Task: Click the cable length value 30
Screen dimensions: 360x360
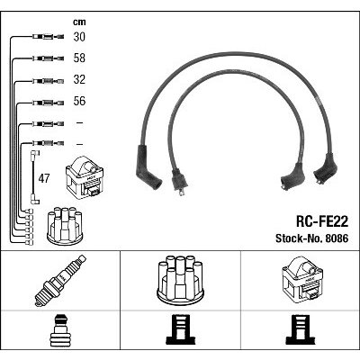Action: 79,37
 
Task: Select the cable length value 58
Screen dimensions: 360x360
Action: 79,58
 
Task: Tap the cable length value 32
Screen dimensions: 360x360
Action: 79,80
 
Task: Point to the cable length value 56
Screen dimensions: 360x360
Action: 79,102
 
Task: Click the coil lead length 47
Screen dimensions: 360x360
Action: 44,178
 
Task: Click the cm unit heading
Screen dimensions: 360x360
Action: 79,22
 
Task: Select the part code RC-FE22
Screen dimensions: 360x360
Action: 322,222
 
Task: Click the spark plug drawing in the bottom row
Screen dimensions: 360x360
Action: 60,281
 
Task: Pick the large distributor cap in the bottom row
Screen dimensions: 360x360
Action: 180,278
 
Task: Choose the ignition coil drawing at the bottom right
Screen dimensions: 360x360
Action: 301,279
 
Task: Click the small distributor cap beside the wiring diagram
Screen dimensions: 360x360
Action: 65,225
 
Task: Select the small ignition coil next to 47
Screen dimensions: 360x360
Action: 85,177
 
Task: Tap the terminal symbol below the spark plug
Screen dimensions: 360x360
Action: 60,329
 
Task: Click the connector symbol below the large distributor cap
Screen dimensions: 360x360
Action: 181,329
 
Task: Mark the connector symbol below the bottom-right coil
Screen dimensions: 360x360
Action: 301,329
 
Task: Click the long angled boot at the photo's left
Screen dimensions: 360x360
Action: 147,167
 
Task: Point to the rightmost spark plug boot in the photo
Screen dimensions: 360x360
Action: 326,168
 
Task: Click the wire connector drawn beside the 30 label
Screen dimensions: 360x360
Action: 48,37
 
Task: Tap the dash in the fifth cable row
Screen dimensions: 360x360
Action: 79,122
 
